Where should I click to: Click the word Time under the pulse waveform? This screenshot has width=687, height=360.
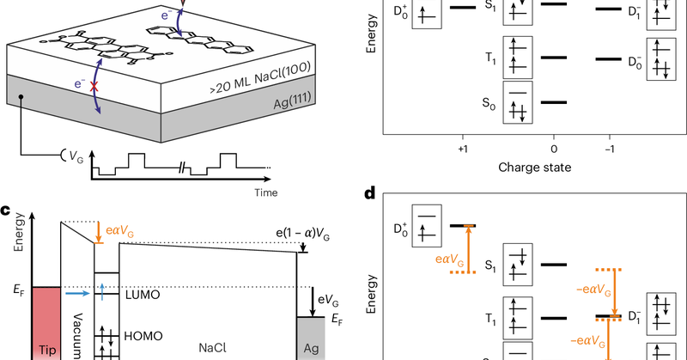tap(265, 192)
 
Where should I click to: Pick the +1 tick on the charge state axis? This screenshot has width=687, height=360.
tap(463, 147)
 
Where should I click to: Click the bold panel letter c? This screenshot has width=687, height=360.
tap(6, 209)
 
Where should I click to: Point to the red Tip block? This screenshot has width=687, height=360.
tap(46, 326)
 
